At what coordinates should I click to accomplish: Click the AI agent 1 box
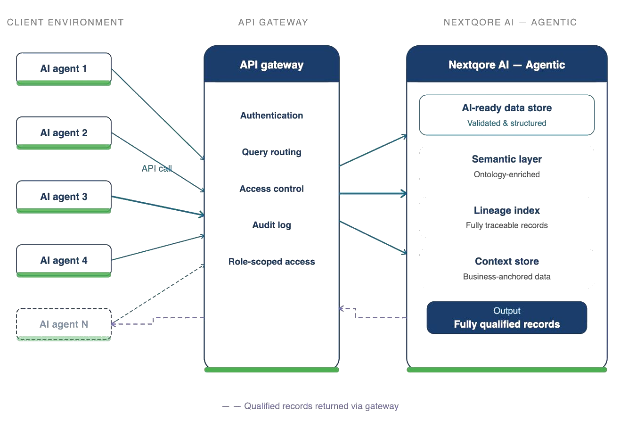click(x=64, y=69)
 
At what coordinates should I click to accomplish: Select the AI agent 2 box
click(x=64, y=133)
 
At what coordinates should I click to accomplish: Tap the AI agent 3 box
click(x=64, y=197)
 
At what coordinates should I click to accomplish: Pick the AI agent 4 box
click(x=64, y=260)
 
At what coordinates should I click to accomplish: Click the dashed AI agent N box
click(x=64, y=324)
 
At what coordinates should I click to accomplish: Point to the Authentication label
click(x=271, y=116)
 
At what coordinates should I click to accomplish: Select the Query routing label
click(x=271, y=152)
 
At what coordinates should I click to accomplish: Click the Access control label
click(x=271, y=189)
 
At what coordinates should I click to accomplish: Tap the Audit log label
click(x=271, y=225)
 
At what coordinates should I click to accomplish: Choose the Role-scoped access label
click(x=271, y=262)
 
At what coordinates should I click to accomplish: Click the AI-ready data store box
click(x=506, y=115)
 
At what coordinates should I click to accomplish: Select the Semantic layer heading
click(x=506, y=159)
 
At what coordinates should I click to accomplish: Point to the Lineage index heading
click(x=506, y=210)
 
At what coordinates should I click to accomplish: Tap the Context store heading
click(x=506, y=261)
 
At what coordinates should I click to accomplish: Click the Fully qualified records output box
click(x=506, y=318)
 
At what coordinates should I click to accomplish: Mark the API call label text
click(x=157, y=168)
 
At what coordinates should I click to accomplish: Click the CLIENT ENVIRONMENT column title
click(x=65, y=22)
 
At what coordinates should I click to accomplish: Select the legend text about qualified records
click(x=321, y=406)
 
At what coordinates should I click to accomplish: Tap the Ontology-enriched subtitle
click(x=506, y=174)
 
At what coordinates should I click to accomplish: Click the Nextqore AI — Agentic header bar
click(x=506, y=65)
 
